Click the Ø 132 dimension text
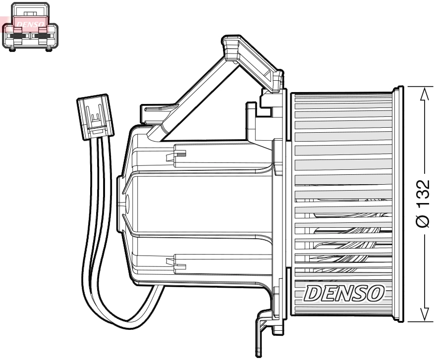(x=424, y=202)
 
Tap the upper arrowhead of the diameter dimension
(x=424, y=94)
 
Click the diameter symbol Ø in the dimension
(x=424, y=220)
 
